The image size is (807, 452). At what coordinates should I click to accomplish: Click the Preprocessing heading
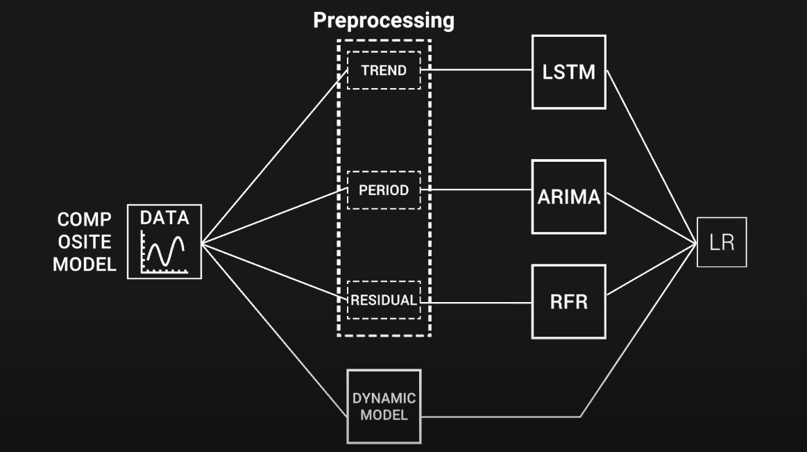pos(384,20)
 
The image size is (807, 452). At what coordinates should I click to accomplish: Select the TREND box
pos(384,70)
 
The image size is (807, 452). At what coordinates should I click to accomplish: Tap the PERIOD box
pos(384,190)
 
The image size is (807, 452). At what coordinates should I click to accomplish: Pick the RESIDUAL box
pos(384,300)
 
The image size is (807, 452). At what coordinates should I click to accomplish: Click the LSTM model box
pos(568,72)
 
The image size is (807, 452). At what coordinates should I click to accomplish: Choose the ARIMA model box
pos(568,196)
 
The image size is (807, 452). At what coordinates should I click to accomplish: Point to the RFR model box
pos(568,301)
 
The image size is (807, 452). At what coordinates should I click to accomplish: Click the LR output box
pos(722,243)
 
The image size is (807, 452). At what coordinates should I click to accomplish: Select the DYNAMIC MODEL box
pos(384,407)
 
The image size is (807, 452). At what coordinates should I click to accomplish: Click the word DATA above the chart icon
pos(164,218)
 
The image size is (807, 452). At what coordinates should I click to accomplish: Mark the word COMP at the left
pos(85,220)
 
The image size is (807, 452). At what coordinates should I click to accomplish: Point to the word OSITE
pos(85,242)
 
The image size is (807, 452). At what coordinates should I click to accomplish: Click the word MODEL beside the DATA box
pos(85,265)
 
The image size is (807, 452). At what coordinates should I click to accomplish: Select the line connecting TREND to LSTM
pos(479,70)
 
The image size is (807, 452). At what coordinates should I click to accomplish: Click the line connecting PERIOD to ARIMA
pos(479,190)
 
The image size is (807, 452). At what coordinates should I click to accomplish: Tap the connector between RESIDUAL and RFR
pos(479,302)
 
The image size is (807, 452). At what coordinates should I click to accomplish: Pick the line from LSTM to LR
pos(651,156)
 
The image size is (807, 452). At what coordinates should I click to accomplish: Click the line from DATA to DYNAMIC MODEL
pos(273,330)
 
